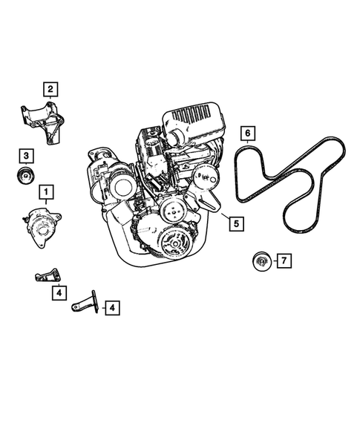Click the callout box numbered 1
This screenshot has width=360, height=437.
45,194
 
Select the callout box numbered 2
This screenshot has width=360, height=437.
50,91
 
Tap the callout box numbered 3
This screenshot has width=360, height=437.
26,155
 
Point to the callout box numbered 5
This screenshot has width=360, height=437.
234,221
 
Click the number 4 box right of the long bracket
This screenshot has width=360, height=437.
111,306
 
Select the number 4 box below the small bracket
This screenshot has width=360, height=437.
57,293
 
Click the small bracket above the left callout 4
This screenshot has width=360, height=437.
46,277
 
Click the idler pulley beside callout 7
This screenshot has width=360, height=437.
261,260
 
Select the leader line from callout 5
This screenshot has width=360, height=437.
220,215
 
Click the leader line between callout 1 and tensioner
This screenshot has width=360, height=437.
45,206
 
